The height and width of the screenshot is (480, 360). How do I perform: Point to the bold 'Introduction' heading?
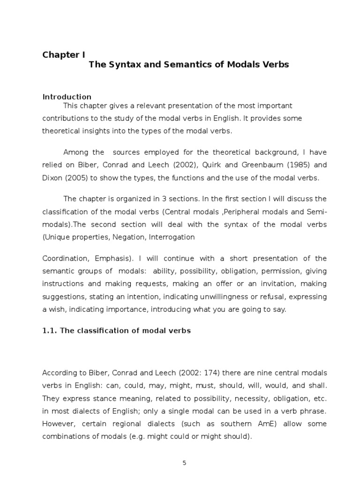(67, 97)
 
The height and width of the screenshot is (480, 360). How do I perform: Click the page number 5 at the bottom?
(184, 463)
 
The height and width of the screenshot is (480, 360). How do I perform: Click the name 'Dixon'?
(52, 178)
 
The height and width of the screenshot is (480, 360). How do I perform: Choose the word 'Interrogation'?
(172, 237)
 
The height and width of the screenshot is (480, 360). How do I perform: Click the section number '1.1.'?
(50, 331)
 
